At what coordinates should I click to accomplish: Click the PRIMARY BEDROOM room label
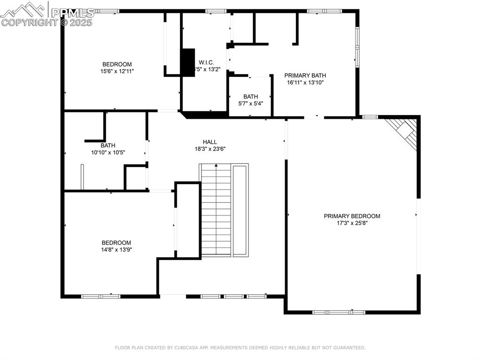[x=352, y=216]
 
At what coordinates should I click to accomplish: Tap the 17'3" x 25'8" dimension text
[x=352, y=223]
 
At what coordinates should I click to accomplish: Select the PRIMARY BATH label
[x=305, y=75]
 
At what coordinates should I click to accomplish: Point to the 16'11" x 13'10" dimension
[x=305, y=83]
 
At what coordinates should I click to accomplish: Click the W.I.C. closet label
[x=206, y=62]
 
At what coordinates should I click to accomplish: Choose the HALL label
[x=209, y=142]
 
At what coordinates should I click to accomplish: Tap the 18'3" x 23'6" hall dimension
[x=209, y=149]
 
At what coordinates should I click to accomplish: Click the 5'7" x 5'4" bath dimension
[x=250, y=104]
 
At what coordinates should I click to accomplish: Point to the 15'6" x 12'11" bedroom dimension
[x=117, y=71]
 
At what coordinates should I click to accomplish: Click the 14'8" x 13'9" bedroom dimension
[x=116, y=250]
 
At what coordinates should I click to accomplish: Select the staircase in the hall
[x=216, y=211]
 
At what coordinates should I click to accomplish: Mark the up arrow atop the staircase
[x=216, y=166]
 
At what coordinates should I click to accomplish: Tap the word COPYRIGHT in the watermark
[x=23, y=22]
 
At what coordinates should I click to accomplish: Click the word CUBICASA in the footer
[x=188, y=348]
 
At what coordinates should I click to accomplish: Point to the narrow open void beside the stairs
[x=240, y=210]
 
